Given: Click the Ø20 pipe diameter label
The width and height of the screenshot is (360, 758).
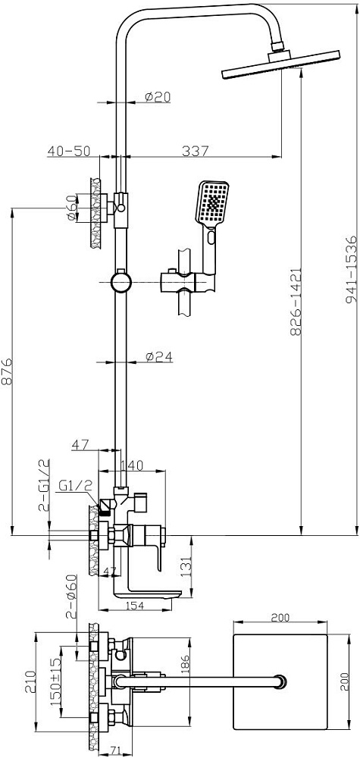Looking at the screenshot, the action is click(158, 97).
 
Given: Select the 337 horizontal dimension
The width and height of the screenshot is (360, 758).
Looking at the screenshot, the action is click(196, 151).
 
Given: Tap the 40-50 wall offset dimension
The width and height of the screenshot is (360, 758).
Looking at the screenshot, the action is click(69, 151).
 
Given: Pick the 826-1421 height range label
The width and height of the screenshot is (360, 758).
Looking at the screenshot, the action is click(296, 302).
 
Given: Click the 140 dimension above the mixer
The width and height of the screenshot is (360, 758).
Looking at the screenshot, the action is click(131, 465).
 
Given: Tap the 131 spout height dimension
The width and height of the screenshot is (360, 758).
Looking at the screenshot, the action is click(186, 564).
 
